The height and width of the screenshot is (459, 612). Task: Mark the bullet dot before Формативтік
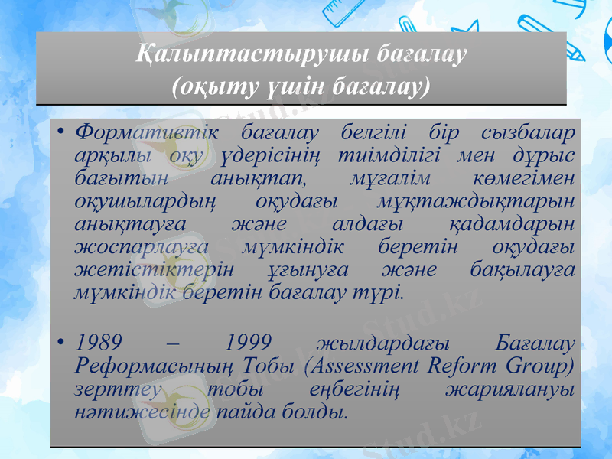coord(60,132)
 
